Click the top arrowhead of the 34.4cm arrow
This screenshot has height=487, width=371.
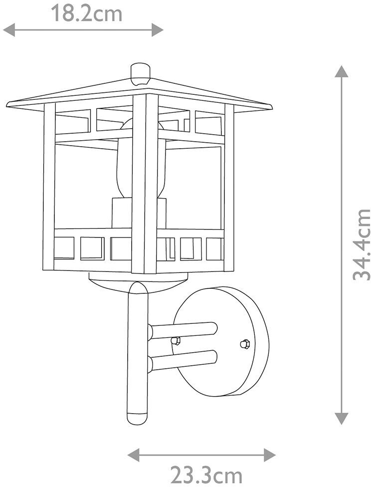[x=342, y=71]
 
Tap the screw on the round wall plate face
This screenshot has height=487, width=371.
[x=244, y=343]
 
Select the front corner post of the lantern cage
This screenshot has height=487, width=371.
[x=145, y=185]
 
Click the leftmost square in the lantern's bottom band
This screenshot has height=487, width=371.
[x=64, y=248]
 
